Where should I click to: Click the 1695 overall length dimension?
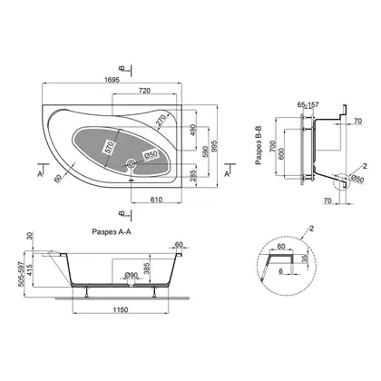(112, 80)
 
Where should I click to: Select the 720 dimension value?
(144, 91)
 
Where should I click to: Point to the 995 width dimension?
(214, 146)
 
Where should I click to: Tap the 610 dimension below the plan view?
(156, 200)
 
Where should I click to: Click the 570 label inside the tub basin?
(109, 148)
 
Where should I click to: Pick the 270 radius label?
(161, 120)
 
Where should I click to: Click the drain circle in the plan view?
(132, 164)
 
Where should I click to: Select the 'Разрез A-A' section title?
(112, 232)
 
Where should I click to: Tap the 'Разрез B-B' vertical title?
(259, 146)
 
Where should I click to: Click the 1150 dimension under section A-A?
(121, 309)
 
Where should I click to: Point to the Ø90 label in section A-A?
(131, 275)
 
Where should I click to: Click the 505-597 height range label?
(21, 274)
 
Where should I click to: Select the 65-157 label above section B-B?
(308, 105)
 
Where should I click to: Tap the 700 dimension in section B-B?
(273, 146)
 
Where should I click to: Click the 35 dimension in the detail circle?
(305, 258)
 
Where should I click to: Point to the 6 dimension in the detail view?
(280, 271)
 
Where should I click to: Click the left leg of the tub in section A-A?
(87, 291)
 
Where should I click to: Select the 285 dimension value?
(193, 175)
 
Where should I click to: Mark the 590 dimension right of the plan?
(205, 151)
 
